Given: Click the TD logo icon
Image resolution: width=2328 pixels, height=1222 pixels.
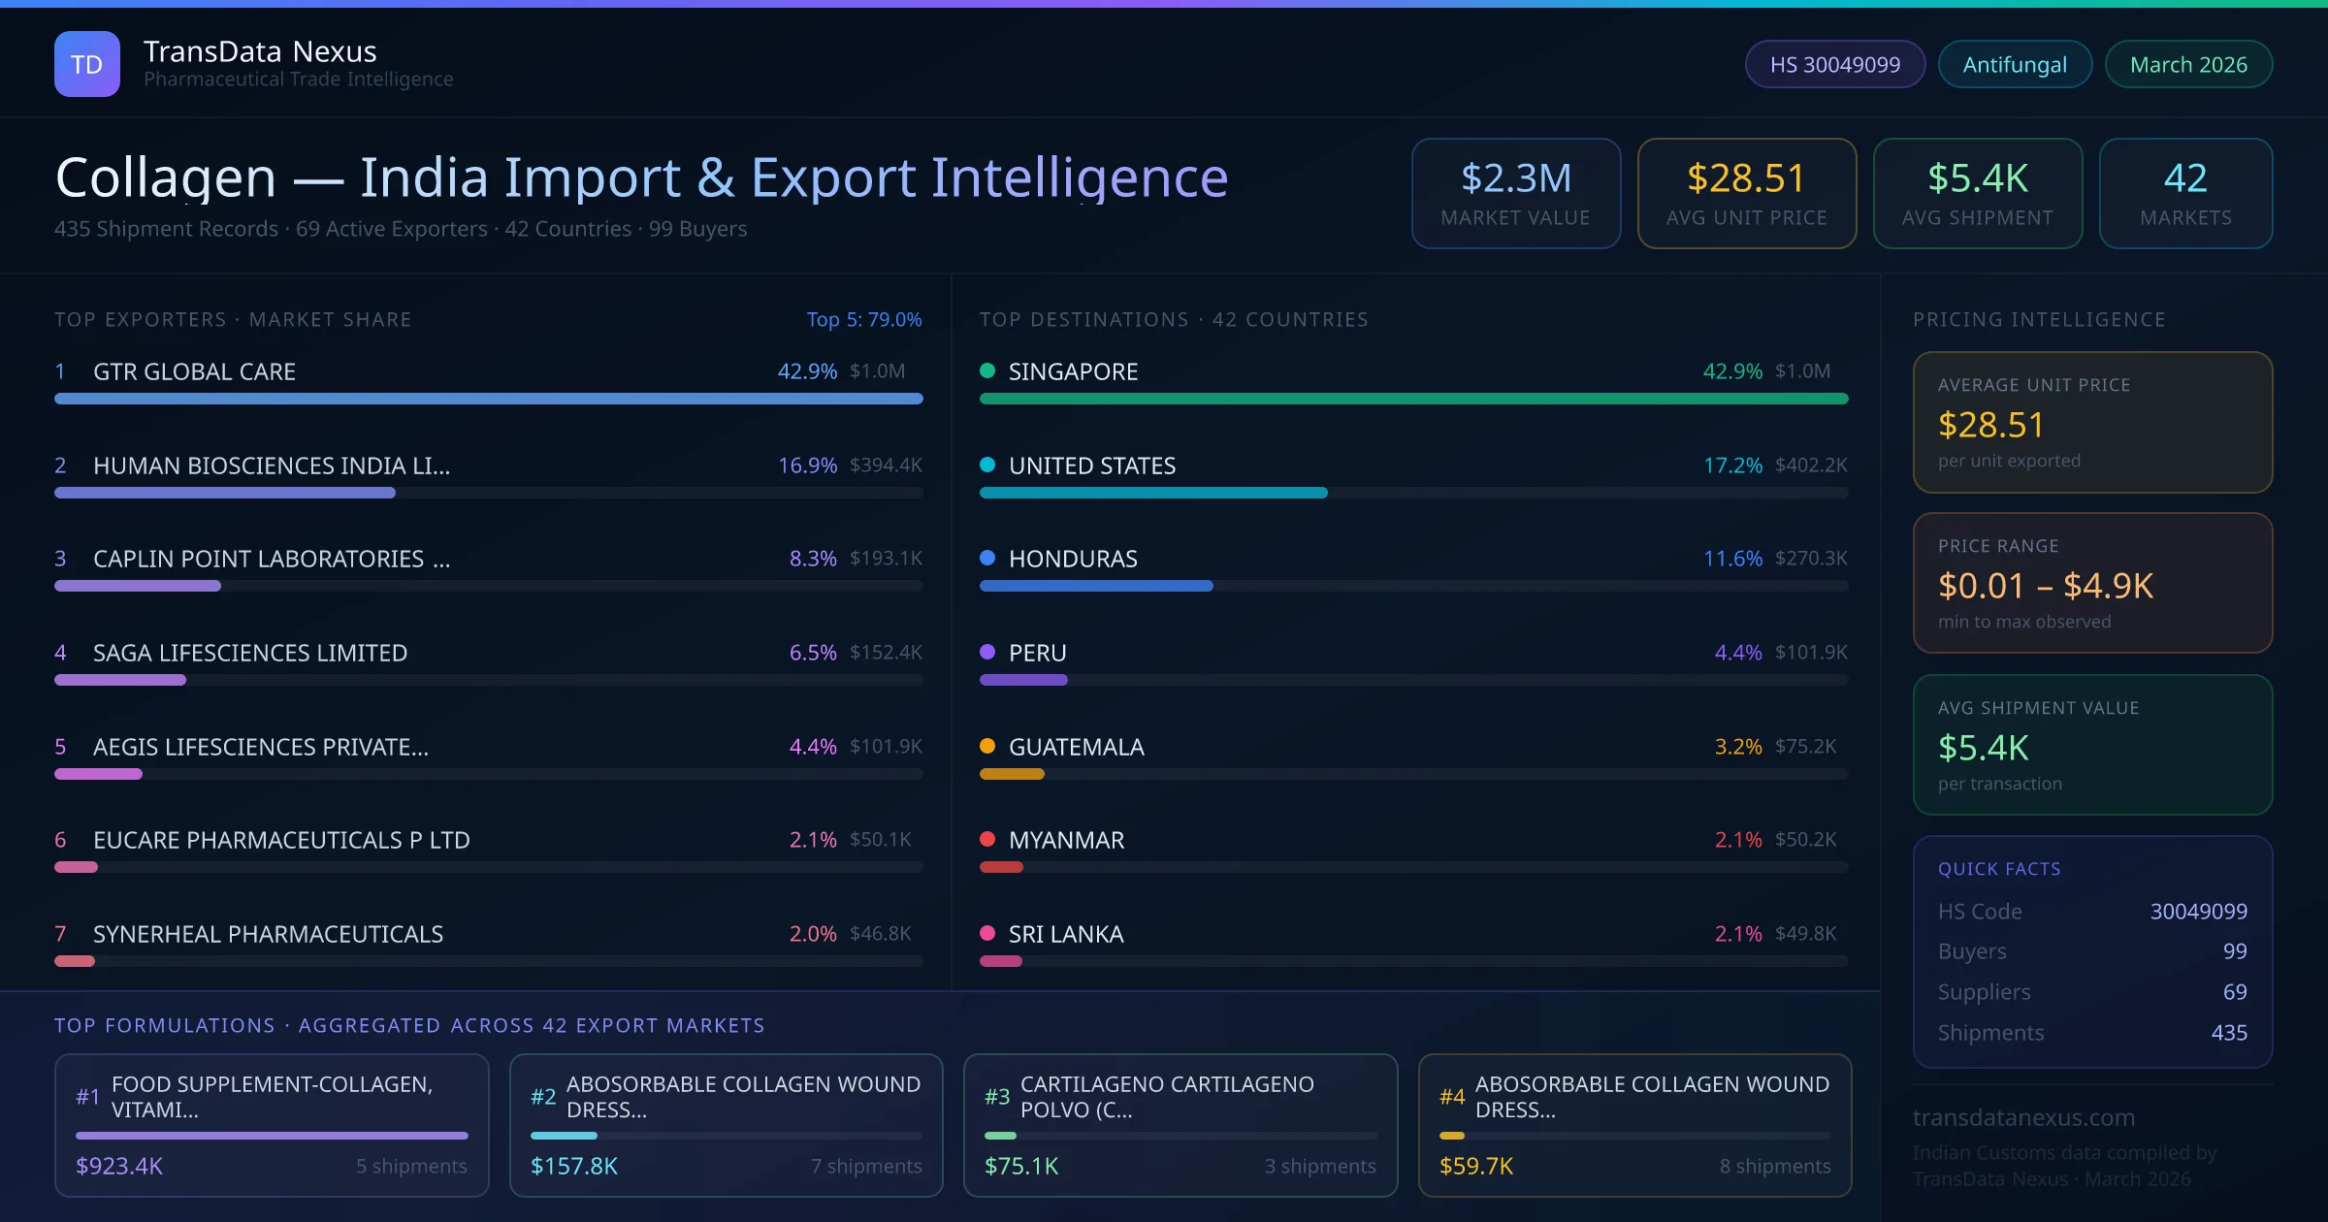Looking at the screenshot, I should (x=87, y=64).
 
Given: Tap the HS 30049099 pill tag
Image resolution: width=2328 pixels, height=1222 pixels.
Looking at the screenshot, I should (x=1834, y=65).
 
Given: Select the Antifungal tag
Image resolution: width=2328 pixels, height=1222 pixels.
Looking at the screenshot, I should (x=2014, y=65).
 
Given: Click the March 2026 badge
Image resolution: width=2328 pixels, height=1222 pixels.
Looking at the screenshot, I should (x=2187, y=65).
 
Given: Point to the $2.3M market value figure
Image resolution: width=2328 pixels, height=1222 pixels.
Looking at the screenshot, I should (x=1515, y=178).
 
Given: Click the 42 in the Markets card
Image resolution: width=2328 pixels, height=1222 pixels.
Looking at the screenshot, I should (x=2184, y=178).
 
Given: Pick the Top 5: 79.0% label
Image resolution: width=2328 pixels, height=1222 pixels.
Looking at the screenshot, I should (x=863, y=319).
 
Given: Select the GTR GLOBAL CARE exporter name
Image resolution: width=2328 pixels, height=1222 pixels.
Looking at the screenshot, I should (x=194, y=371).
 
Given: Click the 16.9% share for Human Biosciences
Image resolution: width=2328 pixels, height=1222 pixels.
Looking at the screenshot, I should (x=807, y=466).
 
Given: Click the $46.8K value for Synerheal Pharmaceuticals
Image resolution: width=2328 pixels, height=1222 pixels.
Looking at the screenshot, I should (x=880, y=934).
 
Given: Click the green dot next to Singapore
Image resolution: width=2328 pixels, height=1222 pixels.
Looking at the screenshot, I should (x=987, y=370).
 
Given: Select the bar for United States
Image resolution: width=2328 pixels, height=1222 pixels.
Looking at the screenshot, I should (x=1152, y=493).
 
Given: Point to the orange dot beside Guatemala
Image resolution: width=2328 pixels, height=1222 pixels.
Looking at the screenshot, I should (x=987, y=746).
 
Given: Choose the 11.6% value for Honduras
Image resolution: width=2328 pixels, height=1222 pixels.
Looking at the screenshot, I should (x=1732, y=559).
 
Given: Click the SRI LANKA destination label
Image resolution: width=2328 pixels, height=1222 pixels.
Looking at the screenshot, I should (x=1065, y=934).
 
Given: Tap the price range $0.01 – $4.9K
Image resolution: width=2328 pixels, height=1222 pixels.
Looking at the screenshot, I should (x=2045, y=586).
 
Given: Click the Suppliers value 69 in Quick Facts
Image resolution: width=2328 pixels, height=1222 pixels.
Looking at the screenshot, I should (x=2234, y=992).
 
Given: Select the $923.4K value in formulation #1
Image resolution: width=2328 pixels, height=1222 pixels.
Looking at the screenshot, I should (x=119, y=1166).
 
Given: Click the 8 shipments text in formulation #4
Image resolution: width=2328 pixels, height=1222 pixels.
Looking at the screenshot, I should (x=1774, y=1166).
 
